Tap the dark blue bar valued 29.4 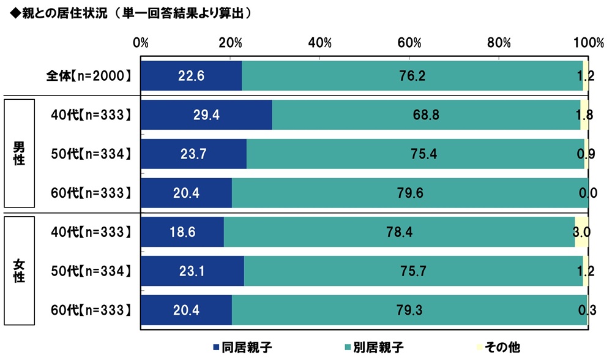tap(206, 115)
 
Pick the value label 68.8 tap(426, 115)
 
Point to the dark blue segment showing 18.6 tap(182, 232)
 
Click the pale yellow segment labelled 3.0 tap(581, 232)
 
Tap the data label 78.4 tap(399, 232)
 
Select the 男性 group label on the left tap(20, 155)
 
